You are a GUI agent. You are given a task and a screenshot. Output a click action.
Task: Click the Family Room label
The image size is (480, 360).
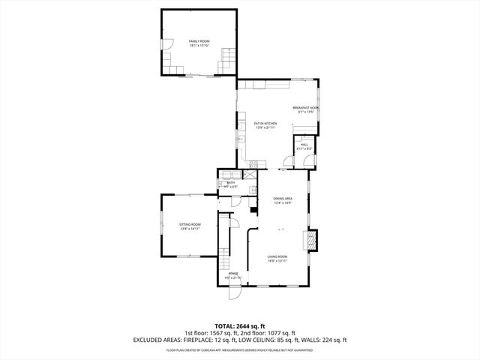point(199,40)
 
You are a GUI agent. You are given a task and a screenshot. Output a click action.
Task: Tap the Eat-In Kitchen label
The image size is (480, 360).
point(265,123)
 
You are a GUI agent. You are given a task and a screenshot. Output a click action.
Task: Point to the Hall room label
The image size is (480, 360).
point(304,145)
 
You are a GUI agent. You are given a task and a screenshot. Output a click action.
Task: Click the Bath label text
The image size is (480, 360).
point(231,183)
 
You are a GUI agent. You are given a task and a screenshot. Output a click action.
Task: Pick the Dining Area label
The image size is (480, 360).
point(282,198)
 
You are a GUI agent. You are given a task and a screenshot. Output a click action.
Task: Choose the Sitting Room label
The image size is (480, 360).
point(190,225)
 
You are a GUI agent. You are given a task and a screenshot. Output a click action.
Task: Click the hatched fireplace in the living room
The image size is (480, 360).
point(310,240)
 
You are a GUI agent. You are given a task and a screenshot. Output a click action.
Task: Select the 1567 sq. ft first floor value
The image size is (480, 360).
point(223,332)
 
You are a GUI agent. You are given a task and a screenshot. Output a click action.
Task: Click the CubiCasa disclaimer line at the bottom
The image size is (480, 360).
point(240,349)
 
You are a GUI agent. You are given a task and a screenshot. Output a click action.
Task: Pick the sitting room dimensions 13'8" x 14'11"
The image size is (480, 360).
point(190,229)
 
